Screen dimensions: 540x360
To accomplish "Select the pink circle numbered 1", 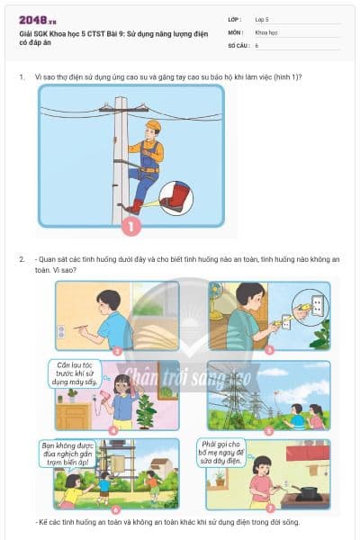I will (x=131, y=227).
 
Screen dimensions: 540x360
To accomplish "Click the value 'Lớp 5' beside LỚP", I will (x=262, y=19).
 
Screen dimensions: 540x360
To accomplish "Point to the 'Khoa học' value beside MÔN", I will (x=266, y=31).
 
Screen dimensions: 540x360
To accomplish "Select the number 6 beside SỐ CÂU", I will (x=257, y=44).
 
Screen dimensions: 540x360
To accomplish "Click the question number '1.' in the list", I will (x=22, y=76).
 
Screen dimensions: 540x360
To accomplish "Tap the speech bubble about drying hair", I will (x=75, y=373).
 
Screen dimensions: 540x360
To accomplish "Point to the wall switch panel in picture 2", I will (x=61, y=331).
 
